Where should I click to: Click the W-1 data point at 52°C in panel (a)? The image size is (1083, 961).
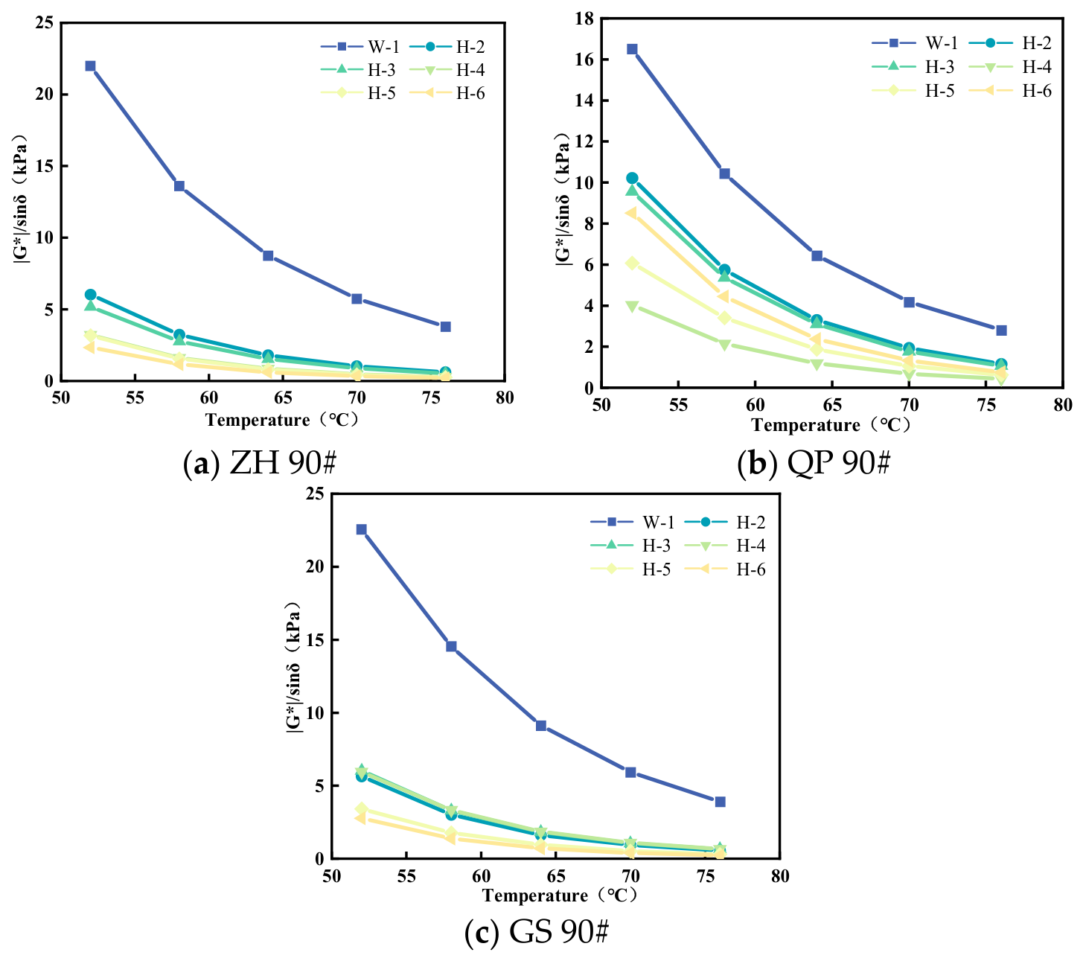pos(90,66)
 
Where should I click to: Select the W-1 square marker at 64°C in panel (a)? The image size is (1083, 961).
pos(269,255)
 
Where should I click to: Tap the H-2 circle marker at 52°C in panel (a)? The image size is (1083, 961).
pos(90,295)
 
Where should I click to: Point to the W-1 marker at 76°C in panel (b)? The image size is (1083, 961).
pos(1001,331)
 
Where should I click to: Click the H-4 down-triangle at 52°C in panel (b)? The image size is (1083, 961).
pos(632,307)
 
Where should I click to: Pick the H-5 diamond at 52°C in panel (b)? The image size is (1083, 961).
pos(632,263)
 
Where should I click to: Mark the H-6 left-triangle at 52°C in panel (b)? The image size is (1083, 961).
pos(631,213)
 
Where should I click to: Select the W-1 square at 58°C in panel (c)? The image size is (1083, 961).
pos(451,646)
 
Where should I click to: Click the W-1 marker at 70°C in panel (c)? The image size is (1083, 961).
pos(630,772)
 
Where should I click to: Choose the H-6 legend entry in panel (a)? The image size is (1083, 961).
pos(447,93)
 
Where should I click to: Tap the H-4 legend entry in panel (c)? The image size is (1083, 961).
pos(725,546)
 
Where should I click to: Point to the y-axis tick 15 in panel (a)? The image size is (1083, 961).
pos(45,166)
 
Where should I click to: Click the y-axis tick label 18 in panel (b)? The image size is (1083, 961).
pos(584,19)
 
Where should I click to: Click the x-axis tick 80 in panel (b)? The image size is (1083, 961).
pos(1063,405)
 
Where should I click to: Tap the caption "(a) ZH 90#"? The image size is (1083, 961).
pos(260,462)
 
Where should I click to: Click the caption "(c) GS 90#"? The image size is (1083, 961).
pos(536,931)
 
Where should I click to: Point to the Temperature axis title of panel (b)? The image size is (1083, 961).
pos(831,424)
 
